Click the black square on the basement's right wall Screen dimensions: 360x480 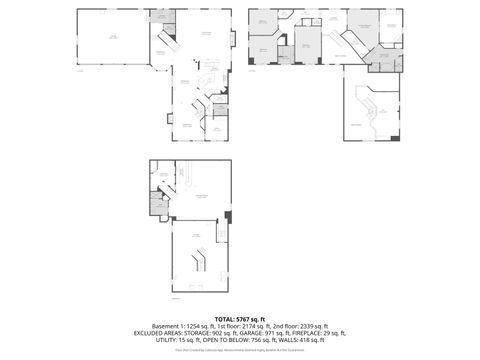pos(229,216)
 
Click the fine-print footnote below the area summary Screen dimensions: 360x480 pos(240,351)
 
